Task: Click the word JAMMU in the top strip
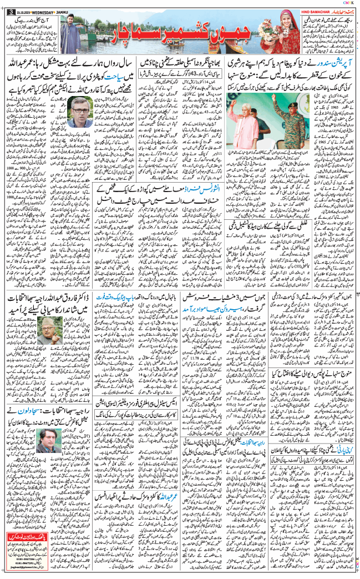[59, 7]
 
